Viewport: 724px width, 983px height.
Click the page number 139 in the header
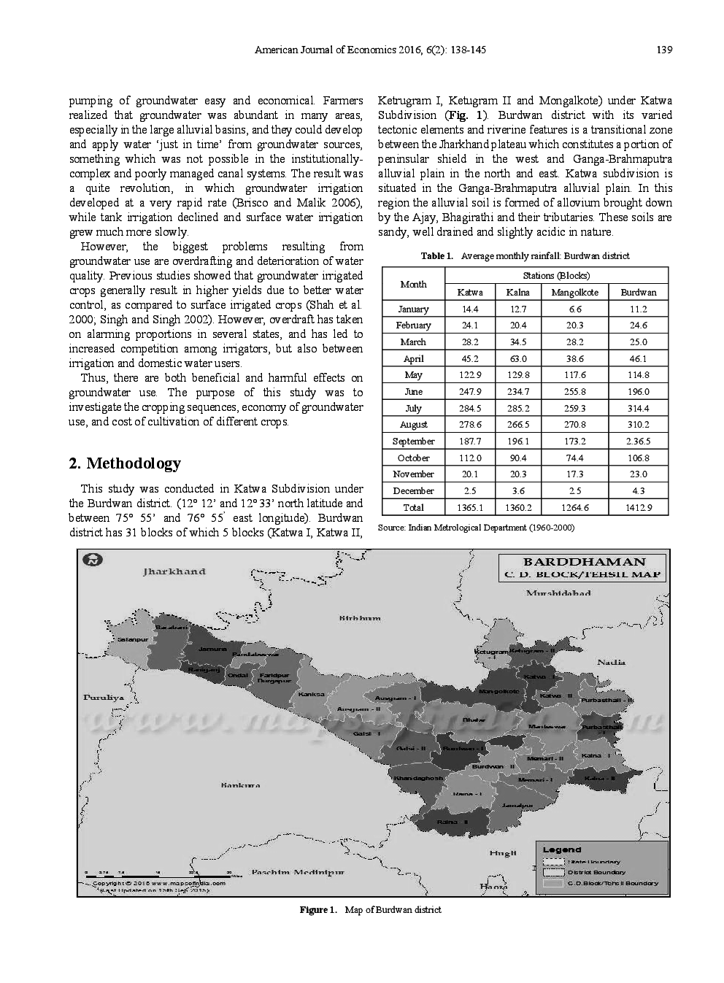pos(663,50)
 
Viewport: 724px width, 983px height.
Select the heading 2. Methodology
pos(125,464)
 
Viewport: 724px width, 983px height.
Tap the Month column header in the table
pos(413,284)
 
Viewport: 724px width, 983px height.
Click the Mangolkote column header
pos(574,292)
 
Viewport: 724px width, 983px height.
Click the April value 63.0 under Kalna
pos(517,358)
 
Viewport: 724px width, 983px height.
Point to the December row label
pos(413,491)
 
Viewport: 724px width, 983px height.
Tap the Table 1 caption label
pos(436,256)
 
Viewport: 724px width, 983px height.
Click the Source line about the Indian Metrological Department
pos(477,528)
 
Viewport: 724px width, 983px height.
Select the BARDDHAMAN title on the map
pos(584,562)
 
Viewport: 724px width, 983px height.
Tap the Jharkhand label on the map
pos(174,571)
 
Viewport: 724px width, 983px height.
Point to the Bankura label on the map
pos(240,785)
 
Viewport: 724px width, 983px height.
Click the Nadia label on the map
pos(611,662)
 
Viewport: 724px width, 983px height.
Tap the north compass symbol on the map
pos(93,560)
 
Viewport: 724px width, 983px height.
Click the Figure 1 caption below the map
pos(370,910)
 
